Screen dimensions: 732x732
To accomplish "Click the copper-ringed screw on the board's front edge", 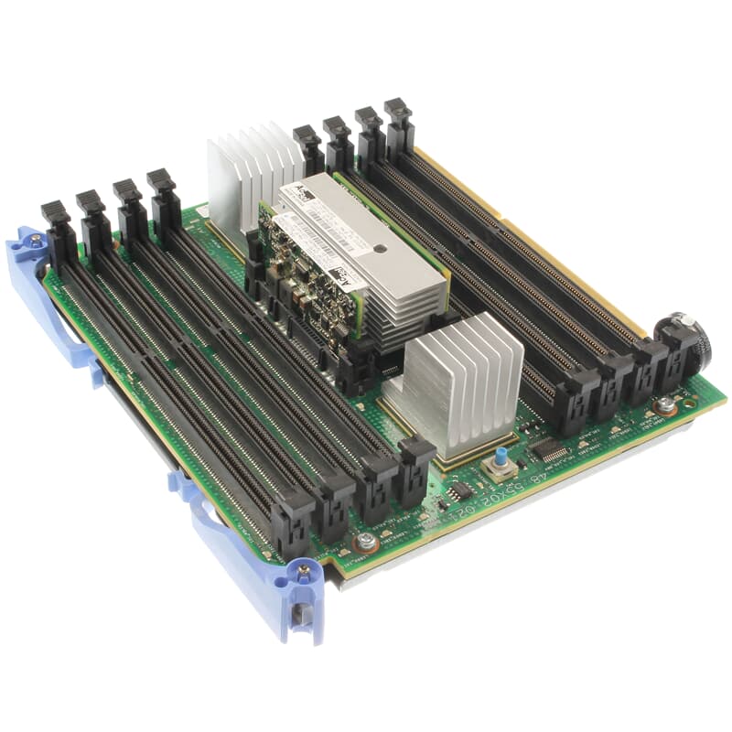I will click(366, 541).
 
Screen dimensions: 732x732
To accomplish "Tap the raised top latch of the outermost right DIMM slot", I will click(398, 114).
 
